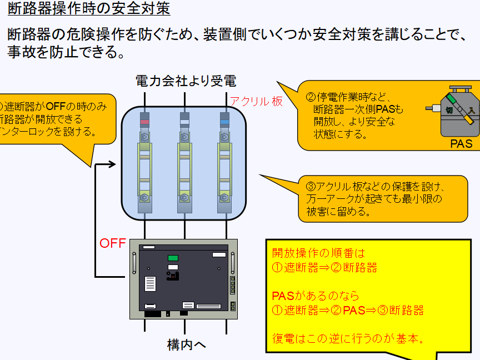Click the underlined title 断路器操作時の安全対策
click(89, 9)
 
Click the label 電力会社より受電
click(186, 81)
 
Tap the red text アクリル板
click(256, 101)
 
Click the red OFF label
click(112, 243)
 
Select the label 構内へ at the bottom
click(187, 344)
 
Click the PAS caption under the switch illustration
click(461, 144)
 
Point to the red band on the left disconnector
click(144, 122)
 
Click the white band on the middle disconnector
click(185, 122)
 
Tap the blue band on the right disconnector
click(225, 122)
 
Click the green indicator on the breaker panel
click(173, 258)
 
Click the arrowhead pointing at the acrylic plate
click(112, 164)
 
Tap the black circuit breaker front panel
click(183, 278)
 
